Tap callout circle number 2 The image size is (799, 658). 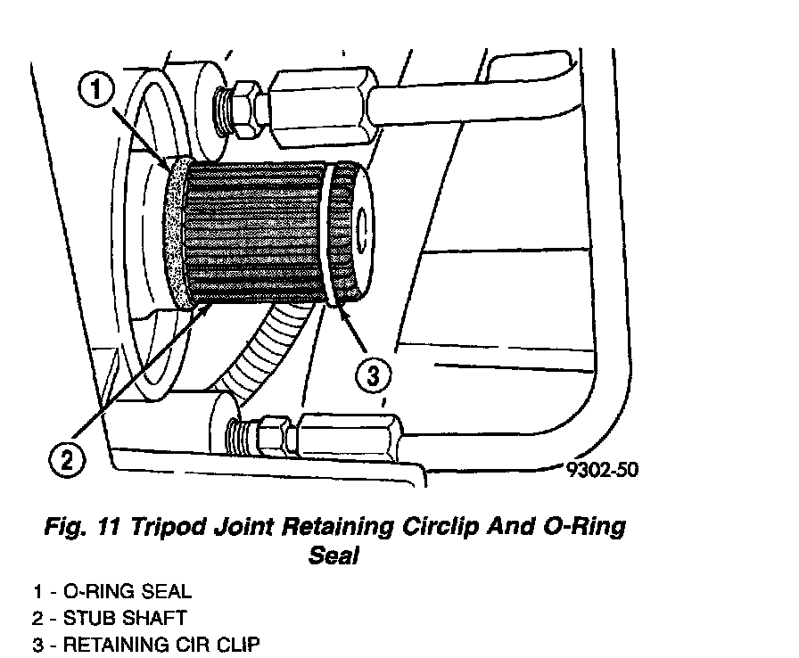click(x=68, y=459)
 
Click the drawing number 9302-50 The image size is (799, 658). click(x=603, y=469)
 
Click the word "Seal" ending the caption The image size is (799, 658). click(x=333, y=555)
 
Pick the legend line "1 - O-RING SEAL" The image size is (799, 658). click(x=112, y=591)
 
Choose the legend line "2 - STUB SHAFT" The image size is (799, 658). click(x=110, y=617)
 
